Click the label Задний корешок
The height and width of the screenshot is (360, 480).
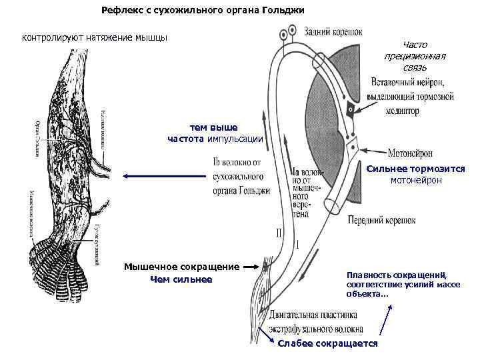pyautogui.click(x=333, y=31)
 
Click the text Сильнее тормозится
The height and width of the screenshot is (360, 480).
pyautogui.click(x=416, y=169)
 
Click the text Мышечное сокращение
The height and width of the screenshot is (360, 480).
pyautogui.click(x=182, y=267)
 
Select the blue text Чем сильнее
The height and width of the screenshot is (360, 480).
pyautogui.click(x=181, y=279)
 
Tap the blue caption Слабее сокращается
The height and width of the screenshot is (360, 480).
pyautogui.click(x=327, y=343)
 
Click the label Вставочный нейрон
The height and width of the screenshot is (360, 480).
pyautogui.click(x=410, y=82)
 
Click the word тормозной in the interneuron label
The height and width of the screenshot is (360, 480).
pyautogui.click(x=431, y=97)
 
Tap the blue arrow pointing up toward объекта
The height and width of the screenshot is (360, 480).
pyautogui.click(x=385, y=319)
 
